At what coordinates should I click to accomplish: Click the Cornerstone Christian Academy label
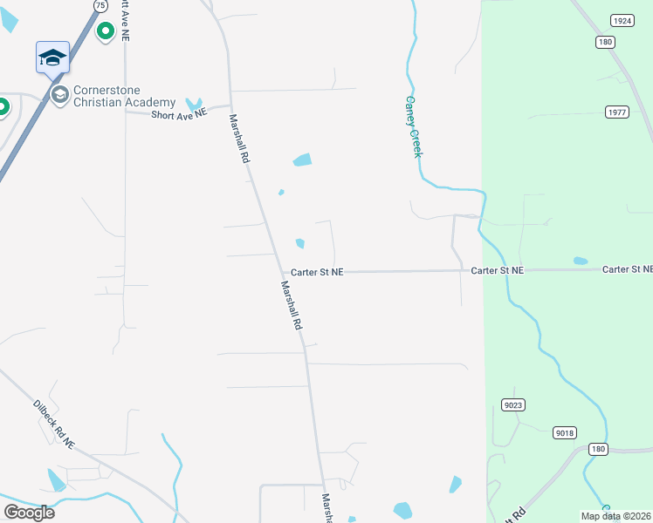click(124, 96)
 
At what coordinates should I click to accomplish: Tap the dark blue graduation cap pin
click(52, 58)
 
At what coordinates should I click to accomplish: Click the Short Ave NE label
click(179, 113)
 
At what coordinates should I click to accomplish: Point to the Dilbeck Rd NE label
click(54, 424)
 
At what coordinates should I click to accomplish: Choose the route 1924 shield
click(622, 20)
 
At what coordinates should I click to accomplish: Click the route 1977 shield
click(616, 112)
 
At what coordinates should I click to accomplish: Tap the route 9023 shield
click(514, 404)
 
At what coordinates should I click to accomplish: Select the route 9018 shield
click(565, 432)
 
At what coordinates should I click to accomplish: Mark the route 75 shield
click(101, 5)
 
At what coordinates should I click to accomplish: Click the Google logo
click(29, 513)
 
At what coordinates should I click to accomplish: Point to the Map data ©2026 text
click(615, 516)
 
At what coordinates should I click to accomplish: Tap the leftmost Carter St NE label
click(317, 272)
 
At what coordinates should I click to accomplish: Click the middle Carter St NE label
click(498, 271)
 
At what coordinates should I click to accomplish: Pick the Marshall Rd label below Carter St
click(292, 304)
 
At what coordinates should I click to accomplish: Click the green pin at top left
click(106, 32)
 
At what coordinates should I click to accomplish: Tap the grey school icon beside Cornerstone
click(60, 94)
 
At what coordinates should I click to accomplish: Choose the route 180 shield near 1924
click(606, 42)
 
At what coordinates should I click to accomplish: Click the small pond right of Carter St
click(581, 261)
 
